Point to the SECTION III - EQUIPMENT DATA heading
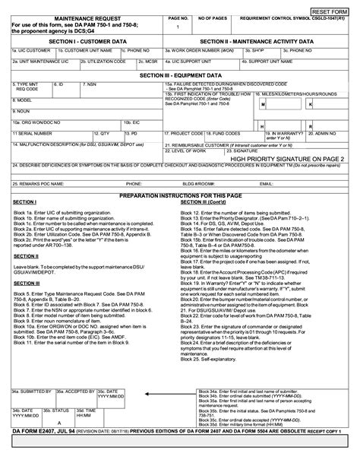(180, 76)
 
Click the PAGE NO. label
(178, 17)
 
